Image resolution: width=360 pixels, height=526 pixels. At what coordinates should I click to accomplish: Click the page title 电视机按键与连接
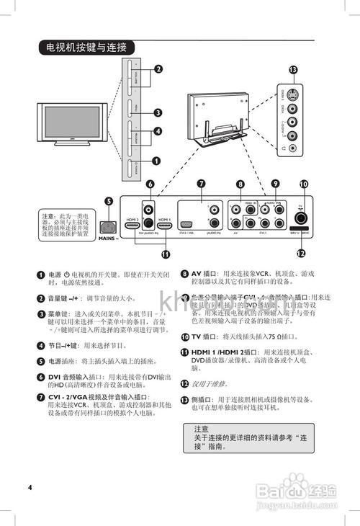86,48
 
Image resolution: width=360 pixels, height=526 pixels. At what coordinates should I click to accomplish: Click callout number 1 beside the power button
156,163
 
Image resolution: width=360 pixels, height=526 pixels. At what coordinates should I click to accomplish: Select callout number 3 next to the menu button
156,112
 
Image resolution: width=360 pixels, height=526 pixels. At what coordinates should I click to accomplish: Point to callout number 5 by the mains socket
109,202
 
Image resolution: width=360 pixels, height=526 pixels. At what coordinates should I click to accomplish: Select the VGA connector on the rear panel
186,226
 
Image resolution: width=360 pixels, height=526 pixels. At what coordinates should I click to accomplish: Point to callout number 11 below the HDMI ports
166,254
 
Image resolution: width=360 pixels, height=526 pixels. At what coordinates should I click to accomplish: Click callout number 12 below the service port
301,253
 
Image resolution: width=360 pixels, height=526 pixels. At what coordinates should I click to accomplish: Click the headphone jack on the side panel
292,150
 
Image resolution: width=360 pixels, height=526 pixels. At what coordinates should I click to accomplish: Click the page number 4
30,487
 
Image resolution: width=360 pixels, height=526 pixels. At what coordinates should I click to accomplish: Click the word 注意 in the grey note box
201,428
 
